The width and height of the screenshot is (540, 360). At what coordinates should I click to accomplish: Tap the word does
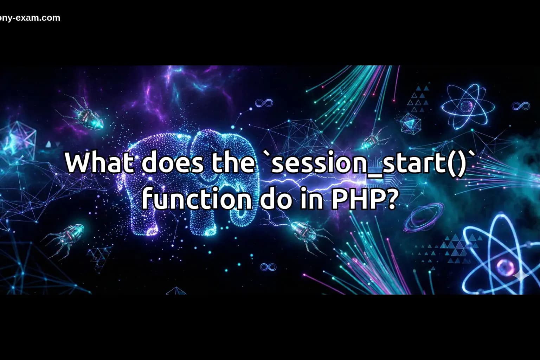click(172, 162)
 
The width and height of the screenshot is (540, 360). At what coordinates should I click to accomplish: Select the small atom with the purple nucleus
click(467, 105)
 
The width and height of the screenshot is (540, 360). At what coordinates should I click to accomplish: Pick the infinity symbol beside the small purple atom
click(521, 105)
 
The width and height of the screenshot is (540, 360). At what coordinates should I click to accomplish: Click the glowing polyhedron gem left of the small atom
click(410, 123)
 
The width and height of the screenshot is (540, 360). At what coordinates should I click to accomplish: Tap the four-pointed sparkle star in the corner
click(521, 277)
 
